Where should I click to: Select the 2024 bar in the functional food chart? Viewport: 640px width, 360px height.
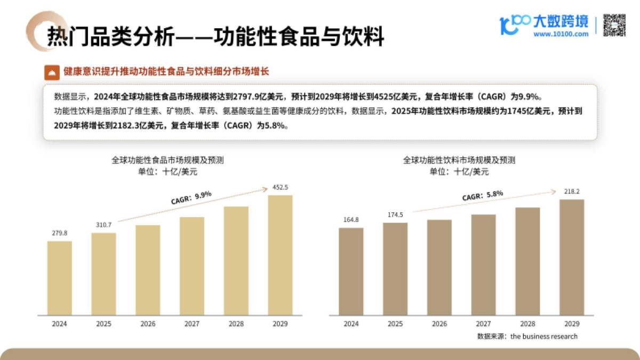(59, 278)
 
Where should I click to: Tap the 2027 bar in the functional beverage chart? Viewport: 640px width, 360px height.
(483, 265)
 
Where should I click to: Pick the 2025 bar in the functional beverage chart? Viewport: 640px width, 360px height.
(395, 268)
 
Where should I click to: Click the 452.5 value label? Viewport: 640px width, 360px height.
(280, 187)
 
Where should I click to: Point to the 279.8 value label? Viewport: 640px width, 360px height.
(59, 233)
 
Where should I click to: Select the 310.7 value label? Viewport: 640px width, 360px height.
(103, 225)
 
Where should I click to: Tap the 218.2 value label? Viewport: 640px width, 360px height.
(571, 191)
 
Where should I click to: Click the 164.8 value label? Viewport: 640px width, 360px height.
(351, 220)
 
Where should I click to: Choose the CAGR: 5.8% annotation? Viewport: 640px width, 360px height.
(482, 196)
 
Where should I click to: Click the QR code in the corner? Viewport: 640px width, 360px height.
(614, 25)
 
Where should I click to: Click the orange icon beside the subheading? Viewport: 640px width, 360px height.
(52, 71)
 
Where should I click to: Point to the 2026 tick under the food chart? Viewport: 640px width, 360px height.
(148, 324)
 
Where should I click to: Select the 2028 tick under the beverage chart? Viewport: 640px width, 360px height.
(527, 324)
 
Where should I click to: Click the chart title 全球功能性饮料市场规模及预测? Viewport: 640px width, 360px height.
(459, 160)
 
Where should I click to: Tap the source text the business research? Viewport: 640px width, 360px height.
(543, 337)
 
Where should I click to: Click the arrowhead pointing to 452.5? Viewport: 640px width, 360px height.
(265, 188)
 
